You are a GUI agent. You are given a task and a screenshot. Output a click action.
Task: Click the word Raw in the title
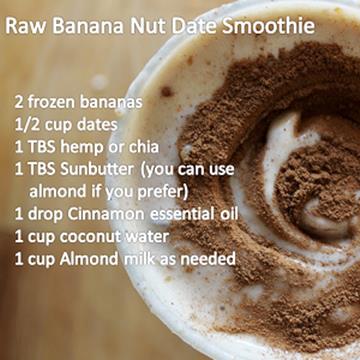(26, 27)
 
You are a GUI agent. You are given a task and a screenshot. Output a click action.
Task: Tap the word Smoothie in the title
(269, 27)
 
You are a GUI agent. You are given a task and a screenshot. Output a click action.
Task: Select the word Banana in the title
(88, 27)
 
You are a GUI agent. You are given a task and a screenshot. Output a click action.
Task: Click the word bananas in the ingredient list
(111, 103)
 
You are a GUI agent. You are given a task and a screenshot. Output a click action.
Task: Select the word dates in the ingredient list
(97, 125)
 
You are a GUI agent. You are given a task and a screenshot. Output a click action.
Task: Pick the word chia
(144, 147)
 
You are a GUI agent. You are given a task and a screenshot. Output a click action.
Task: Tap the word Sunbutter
(97, 170)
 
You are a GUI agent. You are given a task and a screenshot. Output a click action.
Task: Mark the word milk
(140, 259)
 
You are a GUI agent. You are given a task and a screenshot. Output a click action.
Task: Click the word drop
(45, 215)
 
